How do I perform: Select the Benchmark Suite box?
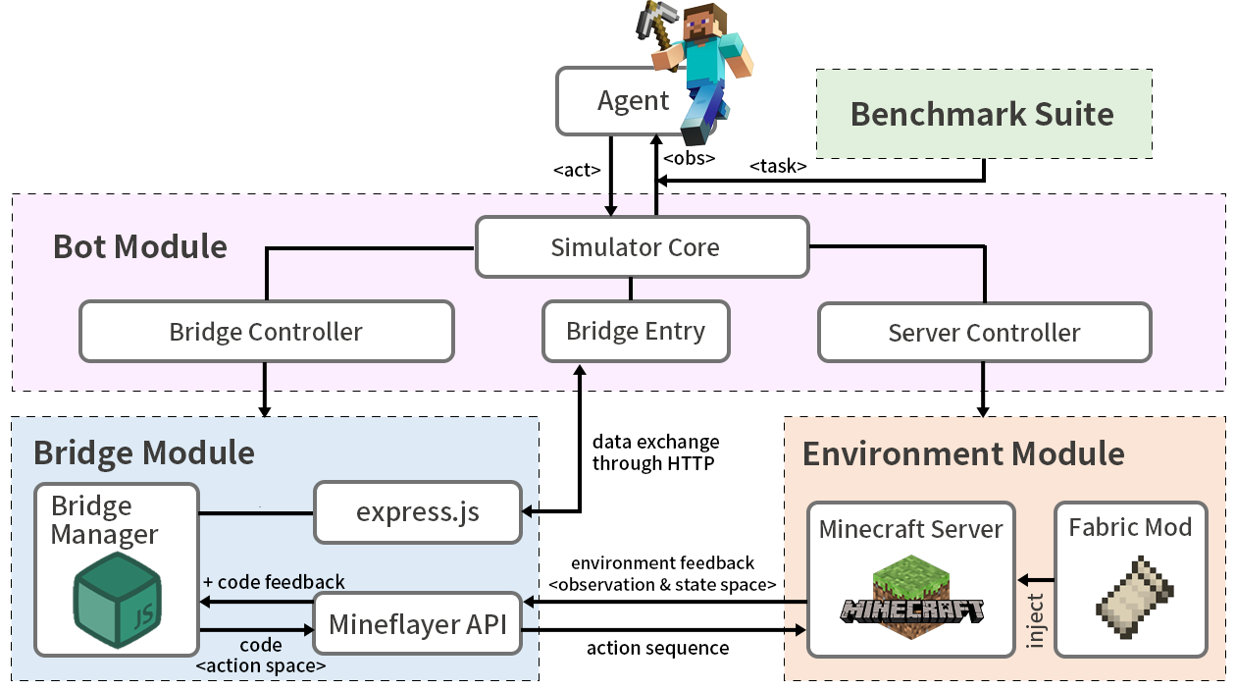(x=983, y=114)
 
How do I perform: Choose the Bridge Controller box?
(x=266, y=332)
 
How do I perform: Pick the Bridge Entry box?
(x=636, y=331)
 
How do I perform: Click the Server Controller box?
(x=984, y=333)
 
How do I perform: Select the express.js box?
(x=417, y=511)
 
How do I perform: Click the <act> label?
(x=577, y=170)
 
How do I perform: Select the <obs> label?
(x=689, y=157)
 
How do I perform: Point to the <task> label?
(x=778, y=166)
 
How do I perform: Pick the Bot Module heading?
(x=140, y=246)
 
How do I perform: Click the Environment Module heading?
(x=963, y=453)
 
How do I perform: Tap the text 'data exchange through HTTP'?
(x=655, y=452)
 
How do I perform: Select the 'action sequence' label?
(x=657, y=648)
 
